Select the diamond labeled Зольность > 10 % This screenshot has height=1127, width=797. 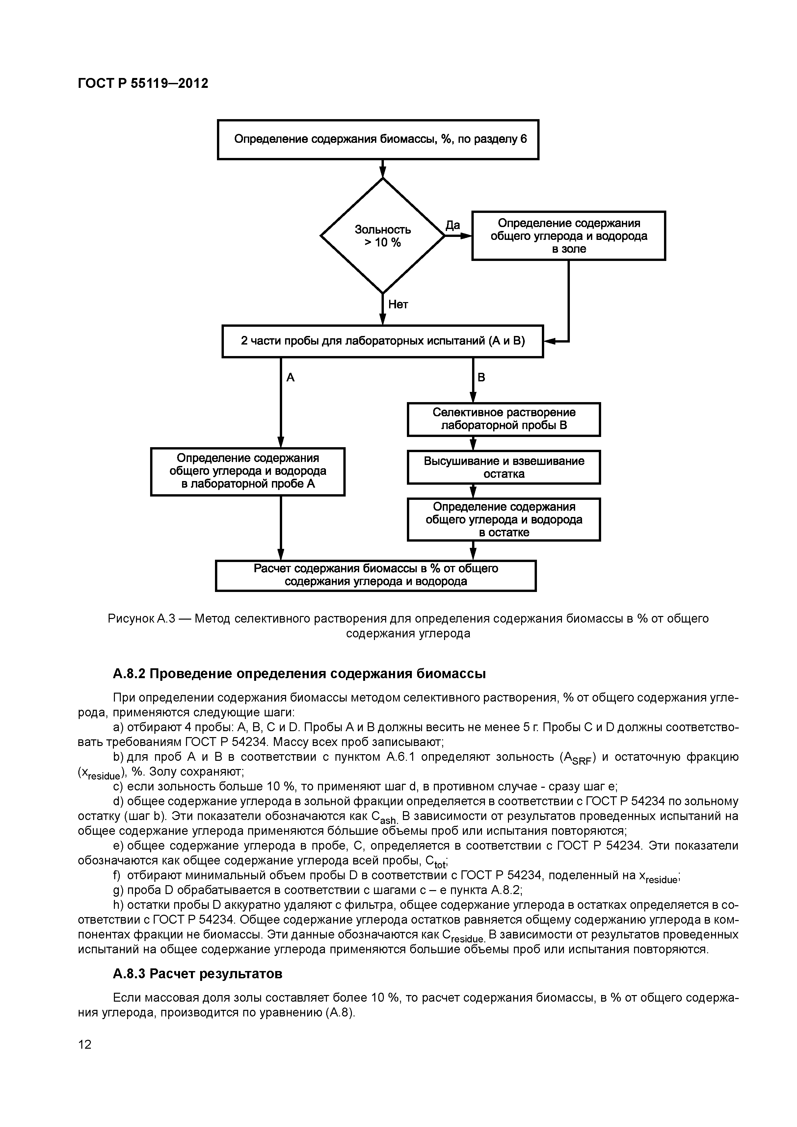383,236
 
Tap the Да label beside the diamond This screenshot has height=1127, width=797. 452,225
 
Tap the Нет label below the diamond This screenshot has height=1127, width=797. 398,305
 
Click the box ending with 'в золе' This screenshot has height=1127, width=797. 568,236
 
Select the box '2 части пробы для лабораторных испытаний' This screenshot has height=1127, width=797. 383,341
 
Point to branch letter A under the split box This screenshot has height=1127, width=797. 290,377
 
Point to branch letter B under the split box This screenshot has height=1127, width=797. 481,377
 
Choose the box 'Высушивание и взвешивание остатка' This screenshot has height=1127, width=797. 503,467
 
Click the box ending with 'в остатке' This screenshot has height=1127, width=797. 503,519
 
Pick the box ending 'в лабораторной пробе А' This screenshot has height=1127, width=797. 248,471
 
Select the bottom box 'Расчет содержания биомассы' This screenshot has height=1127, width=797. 376,575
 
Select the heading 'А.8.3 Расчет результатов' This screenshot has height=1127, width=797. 198,973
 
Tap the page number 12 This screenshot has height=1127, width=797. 85,1044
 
